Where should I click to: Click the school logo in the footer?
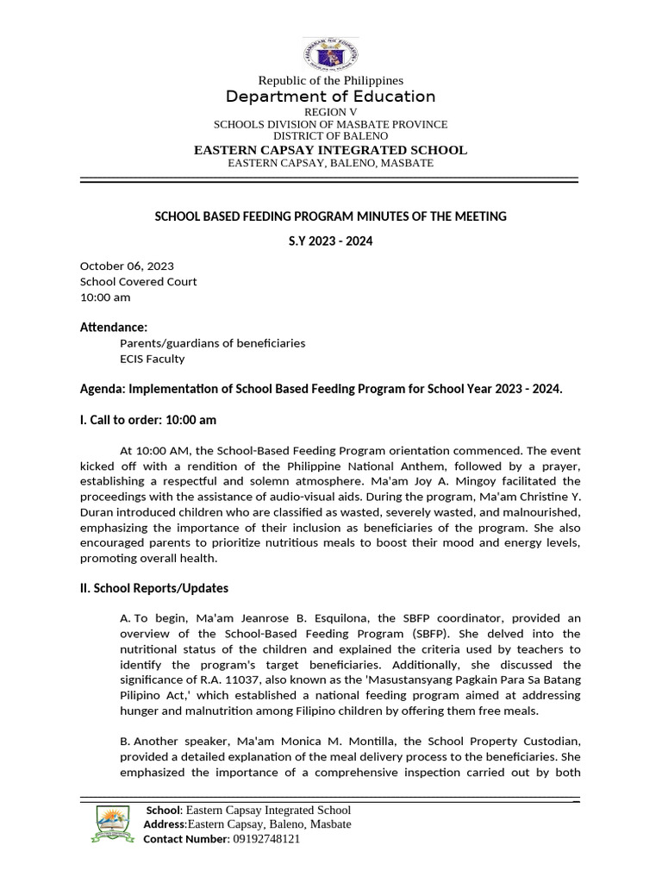point(111,824)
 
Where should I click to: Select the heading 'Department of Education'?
point(330,97)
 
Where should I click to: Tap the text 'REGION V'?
point(330,113)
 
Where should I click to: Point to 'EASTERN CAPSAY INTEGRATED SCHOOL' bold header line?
point(330,150)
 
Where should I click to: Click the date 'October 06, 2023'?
point(127,266)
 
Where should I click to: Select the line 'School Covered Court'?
point(138,281)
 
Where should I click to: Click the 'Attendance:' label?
point(114,327)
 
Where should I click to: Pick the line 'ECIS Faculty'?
point(152,359)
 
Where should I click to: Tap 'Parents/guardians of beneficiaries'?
point(212,343)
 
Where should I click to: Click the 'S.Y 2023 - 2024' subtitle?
point(330,241)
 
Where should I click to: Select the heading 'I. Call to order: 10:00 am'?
point(147,420)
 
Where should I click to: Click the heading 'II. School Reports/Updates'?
point(154,588)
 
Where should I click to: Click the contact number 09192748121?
point(265,839)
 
